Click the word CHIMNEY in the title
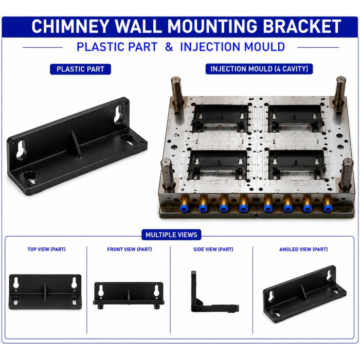(x=69, y=26)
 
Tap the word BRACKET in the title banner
(x=302, y=26)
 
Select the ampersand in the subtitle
(x=169, y=47)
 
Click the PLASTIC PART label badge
(x=80, y=69)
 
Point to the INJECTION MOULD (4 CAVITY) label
(x=259, y=69)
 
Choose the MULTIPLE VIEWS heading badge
(x=171, y=235)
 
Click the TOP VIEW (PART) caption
(x=47, y=249)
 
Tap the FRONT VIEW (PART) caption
(x=130, y=249)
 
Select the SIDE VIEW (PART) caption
(x=213, y=249)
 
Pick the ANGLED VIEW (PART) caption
(x=303, y=249)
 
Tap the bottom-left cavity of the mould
(x=218, y=165)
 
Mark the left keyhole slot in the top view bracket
(x=16, y=283)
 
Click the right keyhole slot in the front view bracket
(x=156, y=291)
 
